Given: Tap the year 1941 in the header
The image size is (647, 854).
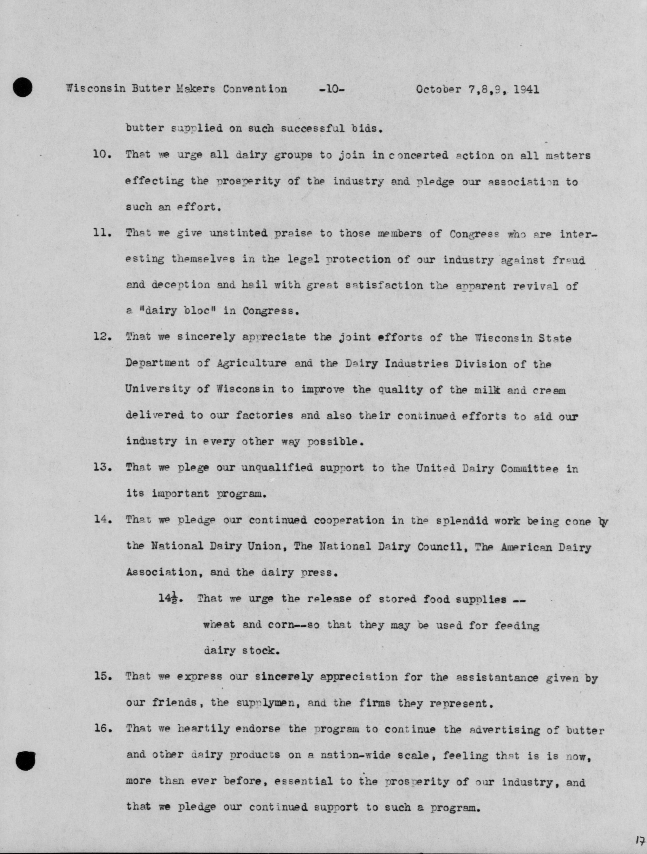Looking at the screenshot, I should coord(527,90).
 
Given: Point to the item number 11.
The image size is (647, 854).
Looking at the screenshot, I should coord(102,234).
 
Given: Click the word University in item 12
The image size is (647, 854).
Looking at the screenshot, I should coord(158,389).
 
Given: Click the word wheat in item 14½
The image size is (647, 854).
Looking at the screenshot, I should coord(219,625).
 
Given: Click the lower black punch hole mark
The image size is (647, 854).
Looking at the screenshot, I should coord(26,761).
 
